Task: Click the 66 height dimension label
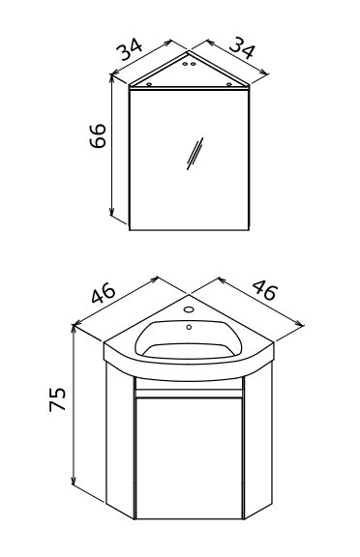[98, 135]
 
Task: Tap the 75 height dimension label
[58, 399]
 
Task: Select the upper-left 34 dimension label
[131, 48]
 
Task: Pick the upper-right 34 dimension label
[242, 47]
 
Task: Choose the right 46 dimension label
[263, 290]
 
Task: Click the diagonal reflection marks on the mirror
[195, 154]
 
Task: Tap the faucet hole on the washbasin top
[189, 309]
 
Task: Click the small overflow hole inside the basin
[189, 327]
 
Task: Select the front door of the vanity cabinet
[189, 458]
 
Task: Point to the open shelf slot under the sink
[189, 384]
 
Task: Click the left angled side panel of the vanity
[120, 441]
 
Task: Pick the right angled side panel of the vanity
[258, 441]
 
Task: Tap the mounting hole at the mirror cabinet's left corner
[150, 84]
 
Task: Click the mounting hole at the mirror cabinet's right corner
[229, 84]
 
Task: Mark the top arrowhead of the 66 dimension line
[112, 79]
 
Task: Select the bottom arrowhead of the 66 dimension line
[112, 212]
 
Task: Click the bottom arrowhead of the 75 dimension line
[74, 481]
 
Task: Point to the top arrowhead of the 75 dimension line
[74, 331]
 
